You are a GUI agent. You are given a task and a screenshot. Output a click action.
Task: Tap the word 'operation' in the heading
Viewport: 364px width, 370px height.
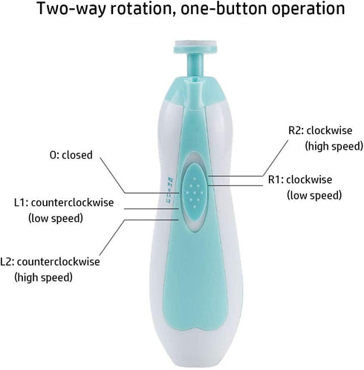pos(308,10)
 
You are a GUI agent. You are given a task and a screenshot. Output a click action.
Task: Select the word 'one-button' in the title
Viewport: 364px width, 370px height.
pos(224,8)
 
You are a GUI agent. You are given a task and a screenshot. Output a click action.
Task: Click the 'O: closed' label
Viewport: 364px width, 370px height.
pos(71,155)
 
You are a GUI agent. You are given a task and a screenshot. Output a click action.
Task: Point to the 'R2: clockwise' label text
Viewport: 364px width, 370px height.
pos(320,130)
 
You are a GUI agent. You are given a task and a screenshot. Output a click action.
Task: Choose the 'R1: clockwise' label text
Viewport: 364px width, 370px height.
pos(300,179)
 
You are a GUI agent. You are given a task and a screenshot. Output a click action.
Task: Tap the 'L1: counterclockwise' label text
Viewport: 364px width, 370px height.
pos(64,202)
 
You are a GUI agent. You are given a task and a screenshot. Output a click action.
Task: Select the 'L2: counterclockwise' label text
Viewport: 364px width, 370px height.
pos(50,262)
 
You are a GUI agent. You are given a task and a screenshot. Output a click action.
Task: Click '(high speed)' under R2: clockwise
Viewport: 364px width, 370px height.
pos(334,146)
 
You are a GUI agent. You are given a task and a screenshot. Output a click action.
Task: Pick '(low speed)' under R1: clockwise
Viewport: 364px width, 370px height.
pos(314,195)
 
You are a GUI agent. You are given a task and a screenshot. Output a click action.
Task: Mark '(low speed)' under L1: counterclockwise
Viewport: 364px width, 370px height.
pos(56,218)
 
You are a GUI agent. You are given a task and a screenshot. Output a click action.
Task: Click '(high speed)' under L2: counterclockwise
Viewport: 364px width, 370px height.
pos(43,277)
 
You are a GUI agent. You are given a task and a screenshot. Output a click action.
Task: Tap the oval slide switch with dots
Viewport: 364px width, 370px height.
pos(195,193)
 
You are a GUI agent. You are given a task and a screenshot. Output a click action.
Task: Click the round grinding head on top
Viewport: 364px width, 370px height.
pos(195,47)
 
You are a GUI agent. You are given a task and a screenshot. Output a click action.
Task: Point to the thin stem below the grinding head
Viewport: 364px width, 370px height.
pos(195,65)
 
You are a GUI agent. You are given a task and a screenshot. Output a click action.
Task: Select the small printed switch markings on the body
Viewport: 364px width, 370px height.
pos(169,190)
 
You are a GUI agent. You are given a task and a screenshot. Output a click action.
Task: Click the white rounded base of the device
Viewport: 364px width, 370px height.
pos(195,350)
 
